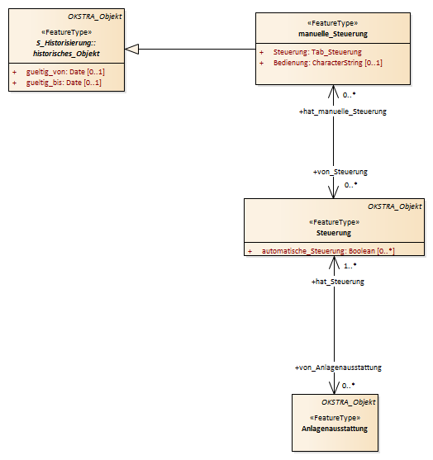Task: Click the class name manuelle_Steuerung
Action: pos(333,34)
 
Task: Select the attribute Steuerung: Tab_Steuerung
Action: pos(317,52)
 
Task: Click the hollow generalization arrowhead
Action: pos(131,49)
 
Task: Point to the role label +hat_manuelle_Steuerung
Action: pos(343,111)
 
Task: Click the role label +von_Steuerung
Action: pos(340,172)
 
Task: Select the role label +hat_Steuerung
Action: pos(338,282)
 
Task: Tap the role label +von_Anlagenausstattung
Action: pos(338,368)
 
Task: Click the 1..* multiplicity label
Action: pos(350,266)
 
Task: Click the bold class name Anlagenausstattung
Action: pos(335,429)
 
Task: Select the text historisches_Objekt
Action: pos(66,54)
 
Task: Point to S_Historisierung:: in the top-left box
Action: pos(66,43)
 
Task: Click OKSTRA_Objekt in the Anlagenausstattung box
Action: pos(349,402)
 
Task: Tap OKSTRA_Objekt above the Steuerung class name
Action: pos(395,206)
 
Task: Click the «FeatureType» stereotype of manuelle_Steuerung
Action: pos(333,23)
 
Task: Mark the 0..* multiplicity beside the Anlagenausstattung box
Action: pos(349,386)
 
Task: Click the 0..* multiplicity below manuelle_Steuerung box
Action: pos(350,95)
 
